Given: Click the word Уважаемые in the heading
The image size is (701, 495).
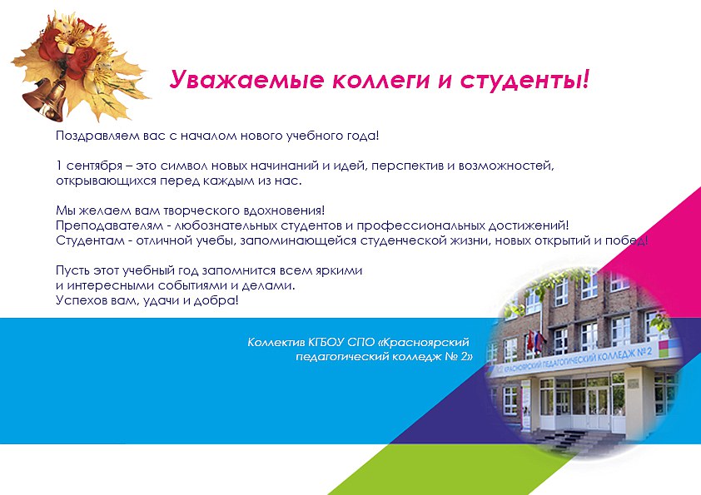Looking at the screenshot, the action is point(246,80).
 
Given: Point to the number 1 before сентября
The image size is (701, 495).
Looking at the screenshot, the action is point(59,166).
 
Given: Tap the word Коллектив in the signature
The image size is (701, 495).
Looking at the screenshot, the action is point(276,342).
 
